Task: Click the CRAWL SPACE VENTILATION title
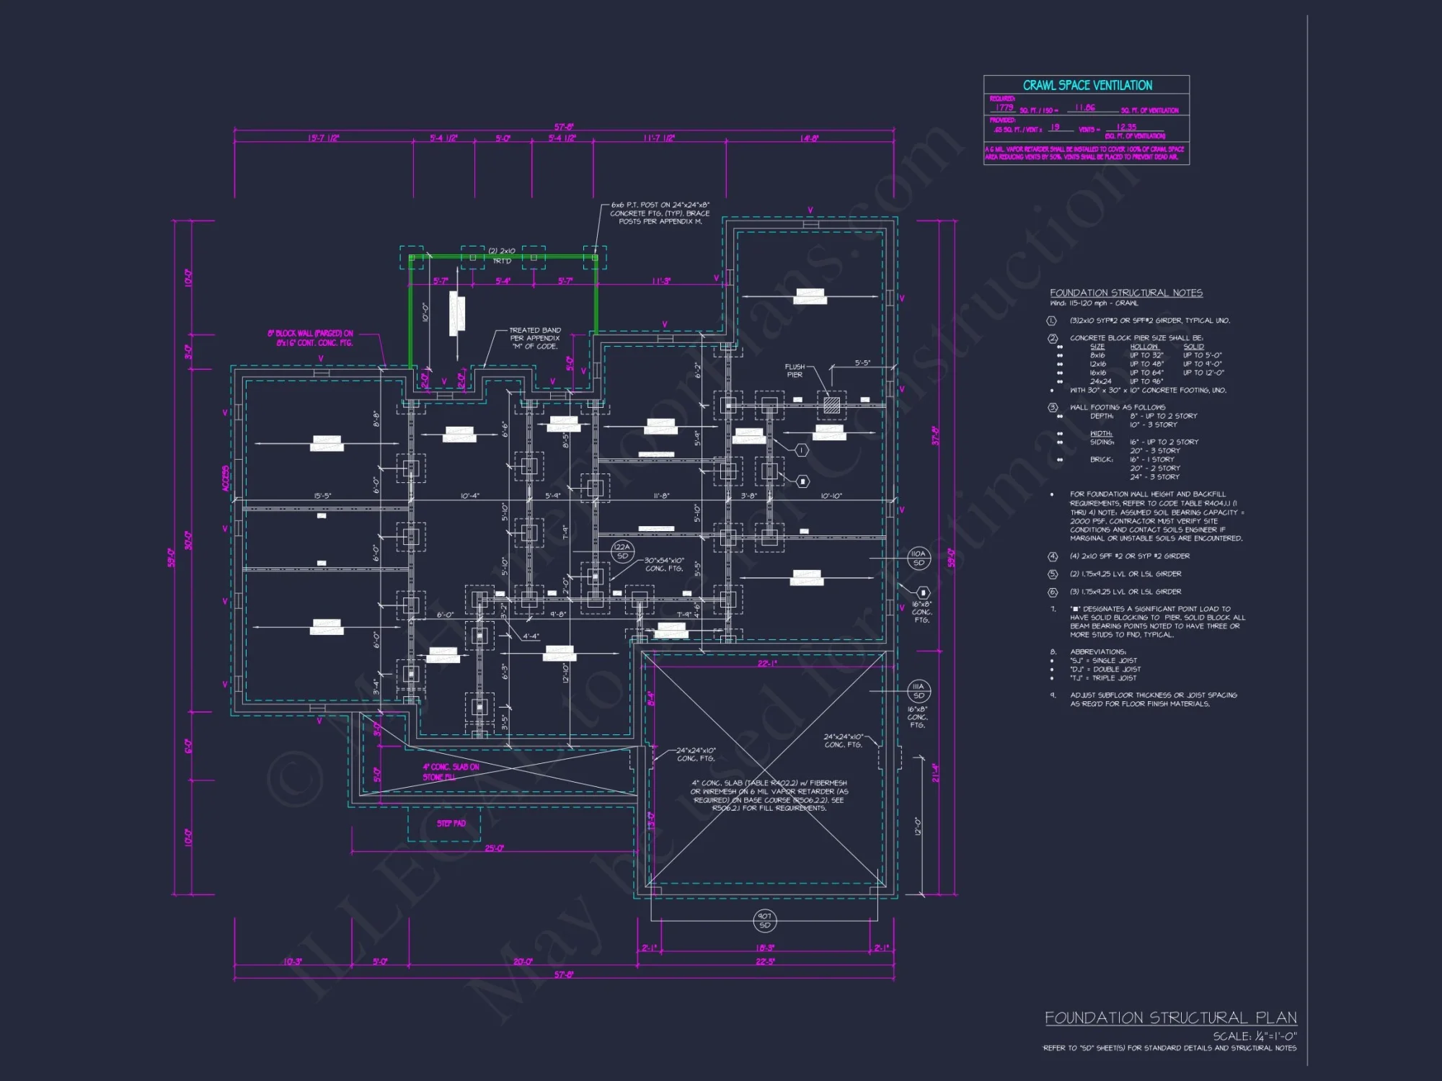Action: [1087, 85]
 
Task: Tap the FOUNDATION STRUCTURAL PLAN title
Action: [1170, 1018]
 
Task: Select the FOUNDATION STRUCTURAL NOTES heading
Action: [1125, 293]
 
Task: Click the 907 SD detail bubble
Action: [764, 920]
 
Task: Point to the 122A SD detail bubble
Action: [622, 551]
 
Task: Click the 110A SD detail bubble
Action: [918, 558]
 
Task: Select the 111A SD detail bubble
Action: [918, 691]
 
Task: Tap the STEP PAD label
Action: [451, 823]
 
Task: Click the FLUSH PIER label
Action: [795, 370]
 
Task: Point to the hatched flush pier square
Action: [831, 404]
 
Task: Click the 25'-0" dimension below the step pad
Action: [494, 848]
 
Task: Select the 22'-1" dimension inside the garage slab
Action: [767, 664]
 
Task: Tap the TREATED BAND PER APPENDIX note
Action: [535, 338]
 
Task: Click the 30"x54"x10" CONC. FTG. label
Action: [664, 564]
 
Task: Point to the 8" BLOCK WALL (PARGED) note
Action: [311, 338]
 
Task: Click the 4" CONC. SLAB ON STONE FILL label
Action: [451, 772]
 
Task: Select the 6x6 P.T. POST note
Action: [660, 213]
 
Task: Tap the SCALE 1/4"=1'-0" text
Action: [1255, 1036]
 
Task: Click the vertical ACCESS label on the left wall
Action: [226, 479]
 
